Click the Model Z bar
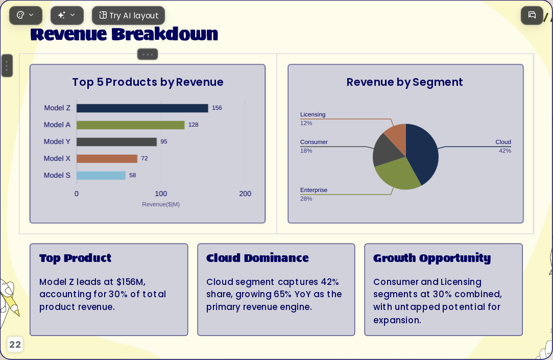[142, 108]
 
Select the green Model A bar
[131, 125]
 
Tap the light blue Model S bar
[101, 175]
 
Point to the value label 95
[163, 141]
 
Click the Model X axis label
[57, 158]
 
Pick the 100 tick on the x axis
[161, 194]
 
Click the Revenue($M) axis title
[161, 204]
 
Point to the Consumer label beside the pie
[314, 142]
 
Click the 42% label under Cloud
[504, 151]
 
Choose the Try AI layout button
[128, 15]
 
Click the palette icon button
[26, 15]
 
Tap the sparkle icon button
[67, 15]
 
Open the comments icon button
[532, 15]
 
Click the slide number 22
[15, 345]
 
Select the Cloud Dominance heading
[257, 258]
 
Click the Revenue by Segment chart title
[404, 82]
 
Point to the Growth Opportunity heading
[432, 258]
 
